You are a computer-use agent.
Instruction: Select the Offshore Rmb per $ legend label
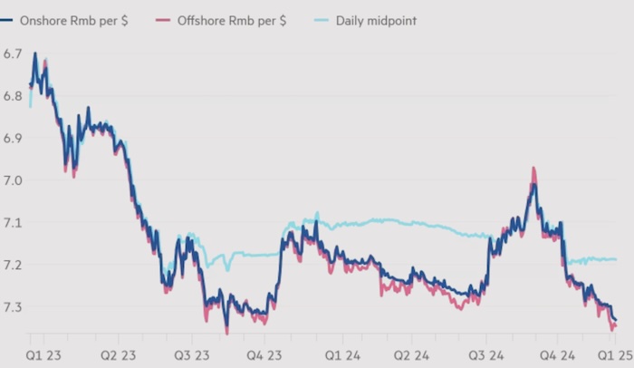[226, 19]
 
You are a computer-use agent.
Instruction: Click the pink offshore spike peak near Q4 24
[533, 169]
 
